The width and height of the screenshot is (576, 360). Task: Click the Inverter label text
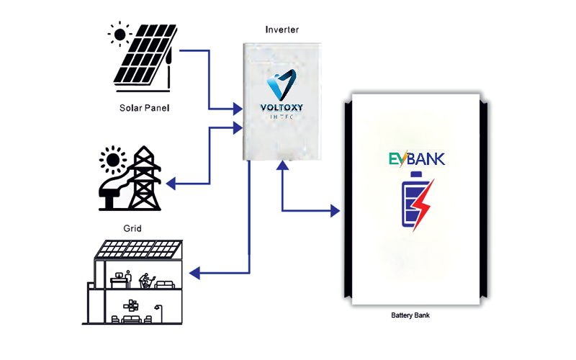282,30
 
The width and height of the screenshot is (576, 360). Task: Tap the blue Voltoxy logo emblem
282,86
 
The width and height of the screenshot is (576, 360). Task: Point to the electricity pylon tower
145,179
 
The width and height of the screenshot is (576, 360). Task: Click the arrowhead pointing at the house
194,273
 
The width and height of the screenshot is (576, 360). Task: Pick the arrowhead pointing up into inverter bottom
283,165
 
